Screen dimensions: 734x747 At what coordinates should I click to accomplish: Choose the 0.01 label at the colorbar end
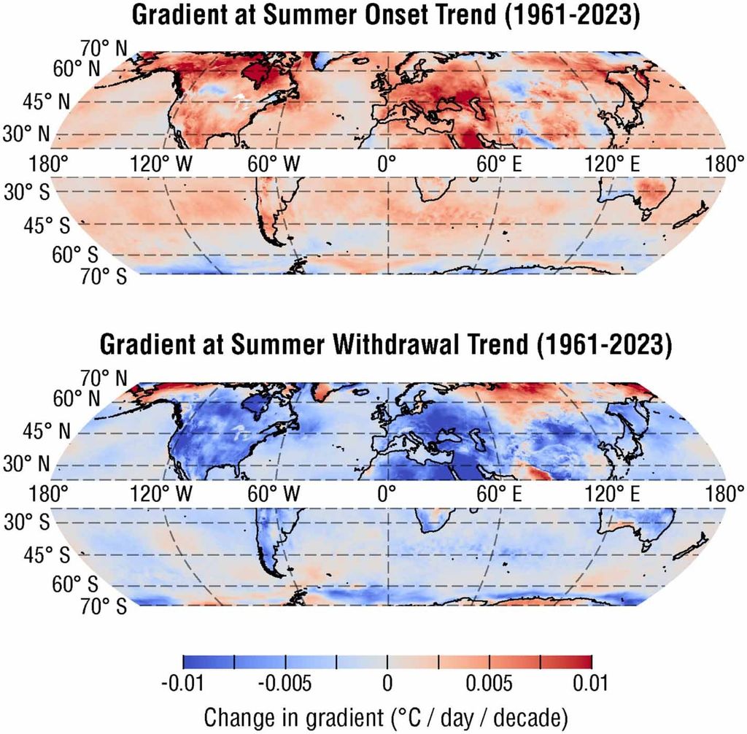point(591,684)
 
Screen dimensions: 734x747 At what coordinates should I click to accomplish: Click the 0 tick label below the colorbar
point(387,684)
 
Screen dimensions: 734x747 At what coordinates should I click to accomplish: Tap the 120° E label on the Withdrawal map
point(611,492)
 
